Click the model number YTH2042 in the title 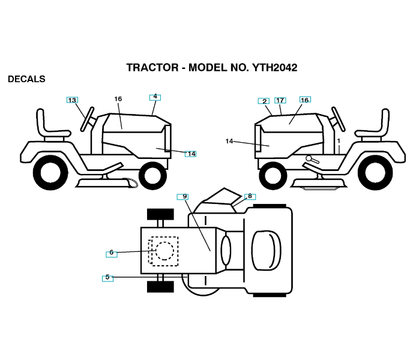(x=269, y=68)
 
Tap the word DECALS (x=26, y=79)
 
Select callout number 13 (x=72, y=100)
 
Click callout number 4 (x=155, y=97)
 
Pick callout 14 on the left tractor (x=191, y=154)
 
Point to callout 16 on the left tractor (x=118, y=99)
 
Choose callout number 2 (x=264, y=101)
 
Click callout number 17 (x=280, y=100)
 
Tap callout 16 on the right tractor (x=305, y=100)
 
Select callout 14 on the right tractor (x=229, y=141)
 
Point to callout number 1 (x=339, y=141)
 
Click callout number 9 (x=182, y=197)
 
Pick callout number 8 (x=250, y=196)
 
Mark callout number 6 (x=112, y=253)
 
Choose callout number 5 (x=107, y=277)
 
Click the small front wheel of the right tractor (x=273, y=175)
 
